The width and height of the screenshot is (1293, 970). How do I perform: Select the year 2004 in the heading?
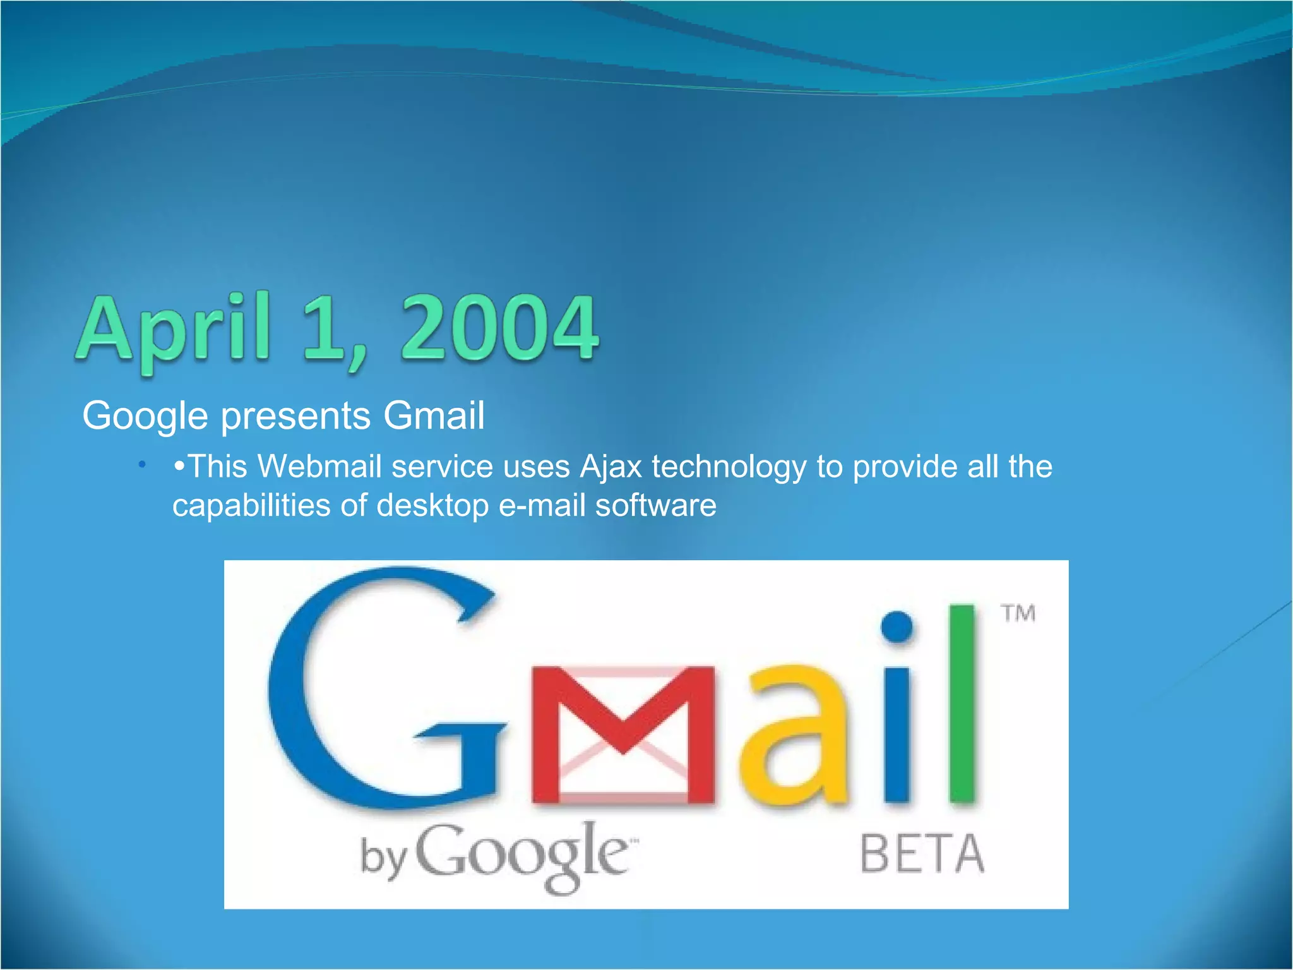499,330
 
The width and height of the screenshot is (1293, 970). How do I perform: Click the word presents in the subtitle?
295,416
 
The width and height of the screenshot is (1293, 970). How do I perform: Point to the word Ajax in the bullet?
611,467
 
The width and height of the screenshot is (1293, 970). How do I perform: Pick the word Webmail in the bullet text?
320,467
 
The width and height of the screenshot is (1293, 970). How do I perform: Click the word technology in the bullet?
729,467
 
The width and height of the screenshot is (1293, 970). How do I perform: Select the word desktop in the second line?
432,506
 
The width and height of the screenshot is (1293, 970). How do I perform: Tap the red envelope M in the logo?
623,736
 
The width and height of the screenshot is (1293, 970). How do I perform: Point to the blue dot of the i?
897,626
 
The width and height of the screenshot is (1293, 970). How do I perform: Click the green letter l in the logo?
963,704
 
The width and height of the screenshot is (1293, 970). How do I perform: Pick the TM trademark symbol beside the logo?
1018,613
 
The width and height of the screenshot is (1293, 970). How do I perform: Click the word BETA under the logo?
922,854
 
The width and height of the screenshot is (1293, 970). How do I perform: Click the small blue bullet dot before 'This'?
143,465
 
